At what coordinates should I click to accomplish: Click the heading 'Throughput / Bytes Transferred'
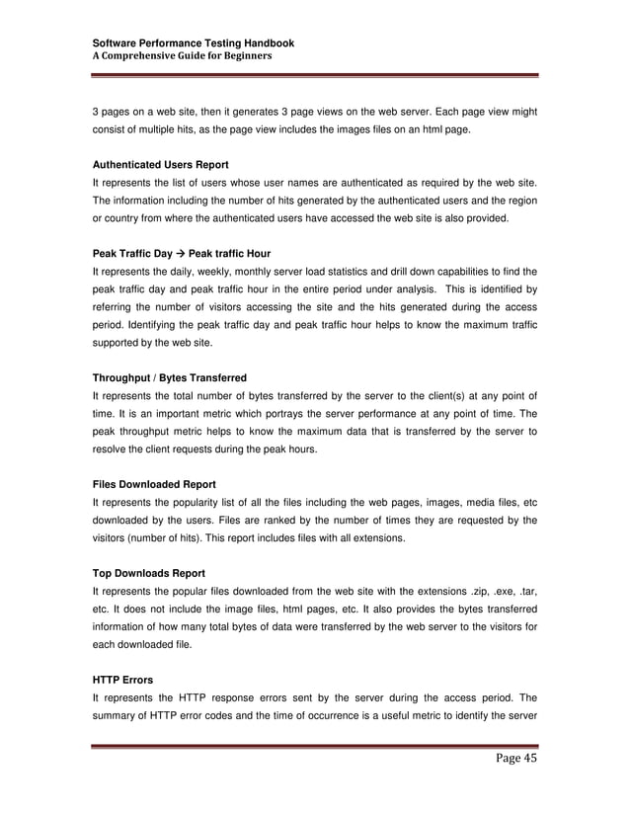pos(169,378)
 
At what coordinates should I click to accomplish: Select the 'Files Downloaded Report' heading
pos(154,485)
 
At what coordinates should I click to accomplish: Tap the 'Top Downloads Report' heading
pos(149,572)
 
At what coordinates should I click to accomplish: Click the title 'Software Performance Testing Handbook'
pos(193,44)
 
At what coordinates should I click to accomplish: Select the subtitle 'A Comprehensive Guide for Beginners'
pos(182,56)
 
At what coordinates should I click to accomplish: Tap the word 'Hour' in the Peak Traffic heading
pos(255,253)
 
